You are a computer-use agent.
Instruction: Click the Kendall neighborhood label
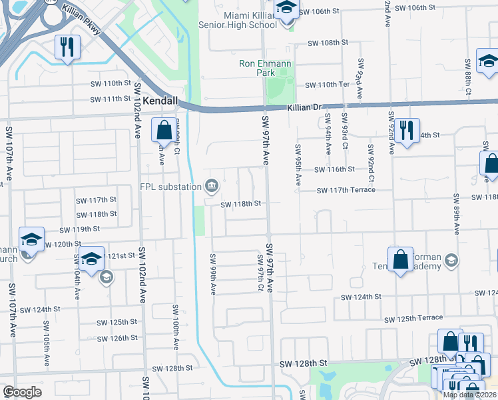pyautogui.click(x=160, y=101)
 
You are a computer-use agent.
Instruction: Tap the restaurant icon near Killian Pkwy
pyautogui.click(x=67, y=47)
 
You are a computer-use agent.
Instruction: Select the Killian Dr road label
pyautogui.click(x=304, y=107)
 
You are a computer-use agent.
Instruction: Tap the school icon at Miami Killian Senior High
pyautogui.click(x=286, y=11)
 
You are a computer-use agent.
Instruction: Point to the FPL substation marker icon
pyautogui.click(x=211, y=185)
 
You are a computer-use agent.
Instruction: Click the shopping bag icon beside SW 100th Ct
pyautogui.click(x=164, y=129)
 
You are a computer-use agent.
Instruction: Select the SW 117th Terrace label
pyautogui.click(x=346, y=190)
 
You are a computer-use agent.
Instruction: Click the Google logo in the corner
pyautogui.click(x=22, y=392)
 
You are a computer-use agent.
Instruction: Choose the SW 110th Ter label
pyautogui.click(x=327, y=85)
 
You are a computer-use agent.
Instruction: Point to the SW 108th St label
pyautogui.click(x=328, y=43)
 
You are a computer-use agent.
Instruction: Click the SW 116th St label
pyautogui.click(x=335, y=170)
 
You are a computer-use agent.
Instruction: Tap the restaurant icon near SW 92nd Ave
pyautogui.click(x=406, y=129)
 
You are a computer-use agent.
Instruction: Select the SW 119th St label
pyautogui.click(x=80, y=229)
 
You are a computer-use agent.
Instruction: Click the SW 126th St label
pyautogui.click(x=117, y=338)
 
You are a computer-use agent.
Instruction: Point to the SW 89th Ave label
pyautogui.click(x=457, y=214)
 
